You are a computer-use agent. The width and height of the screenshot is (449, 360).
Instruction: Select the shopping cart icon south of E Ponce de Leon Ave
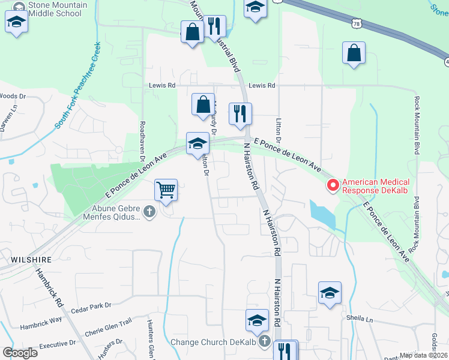tap(166, 190)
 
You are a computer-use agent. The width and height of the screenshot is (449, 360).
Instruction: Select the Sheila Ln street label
tap(360, 318)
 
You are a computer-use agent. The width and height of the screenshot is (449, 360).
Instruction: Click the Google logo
tap(20, 353)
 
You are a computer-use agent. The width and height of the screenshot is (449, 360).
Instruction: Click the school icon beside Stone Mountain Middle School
tap(16, 23)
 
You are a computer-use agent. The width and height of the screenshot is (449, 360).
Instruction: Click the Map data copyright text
tap(424, 355)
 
